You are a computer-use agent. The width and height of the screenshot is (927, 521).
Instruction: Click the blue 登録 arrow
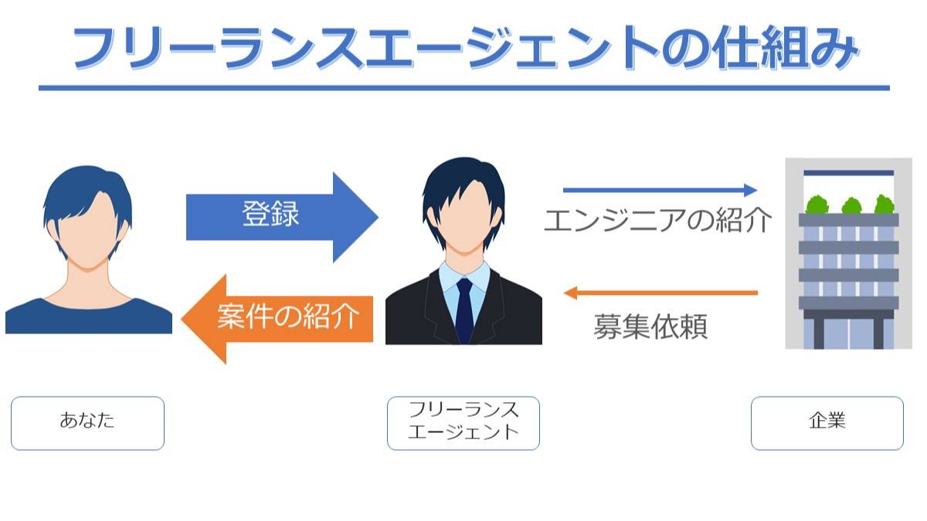click(x=282, y=217)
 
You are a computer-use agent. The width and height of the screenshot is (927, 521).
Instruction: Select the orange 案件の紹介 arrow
click(x=277, y=319)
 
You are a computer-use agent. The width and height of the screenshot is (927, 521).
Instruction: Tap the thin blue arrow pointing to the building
click(x=660, y=190)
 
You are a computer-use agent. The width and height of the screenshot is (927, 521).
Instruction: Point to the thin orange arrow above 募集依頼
click(x=660, y=293)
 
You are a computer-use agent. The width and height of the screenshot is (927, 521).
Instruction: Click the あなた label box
click(x=88, y=423)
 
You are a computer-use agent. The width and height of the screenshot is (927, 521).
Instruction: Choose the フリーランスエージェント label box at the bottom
click(x=463, y=423)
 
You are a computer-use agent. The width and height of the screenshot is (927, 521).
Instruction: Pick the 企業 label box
click(x=827, y=423)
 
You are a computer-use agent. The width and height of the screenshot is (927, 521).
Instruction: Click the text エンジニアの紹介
click(x=657, y=220)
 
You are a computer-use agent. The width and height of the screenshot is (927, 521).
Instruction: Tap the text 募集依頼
click(x=650, y=326)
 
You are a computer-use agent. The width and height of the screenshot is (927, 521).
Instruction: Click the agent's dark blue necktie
click(x=464, y=310)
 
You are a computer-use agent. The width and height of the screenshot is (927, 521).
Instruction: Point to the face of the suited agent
click(x=465, y=217)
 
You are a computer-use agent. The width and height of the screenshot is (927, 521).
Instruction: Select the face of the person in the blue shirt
click(x=88, y=232)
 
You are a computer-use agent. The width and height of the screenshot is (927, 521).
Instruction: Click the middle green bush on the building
click(x=851, y=205)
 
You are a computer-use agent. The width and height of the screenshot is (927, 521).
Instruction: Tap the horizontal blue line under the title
click(x=464, y=88)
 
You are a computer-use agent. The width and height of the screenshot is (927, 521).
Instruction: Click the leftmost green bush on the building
click(x=817, y=205)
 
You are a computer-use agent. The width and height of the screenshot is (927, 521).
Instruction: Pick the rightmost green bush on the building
click(x=885, y=205)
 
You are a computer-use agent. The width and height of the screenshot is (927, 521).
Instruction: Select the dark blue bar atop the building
click(x=849, y=173)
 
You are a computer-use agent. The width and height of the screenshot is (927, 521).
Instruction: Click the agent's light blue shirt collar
click(x=464, y=276)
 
